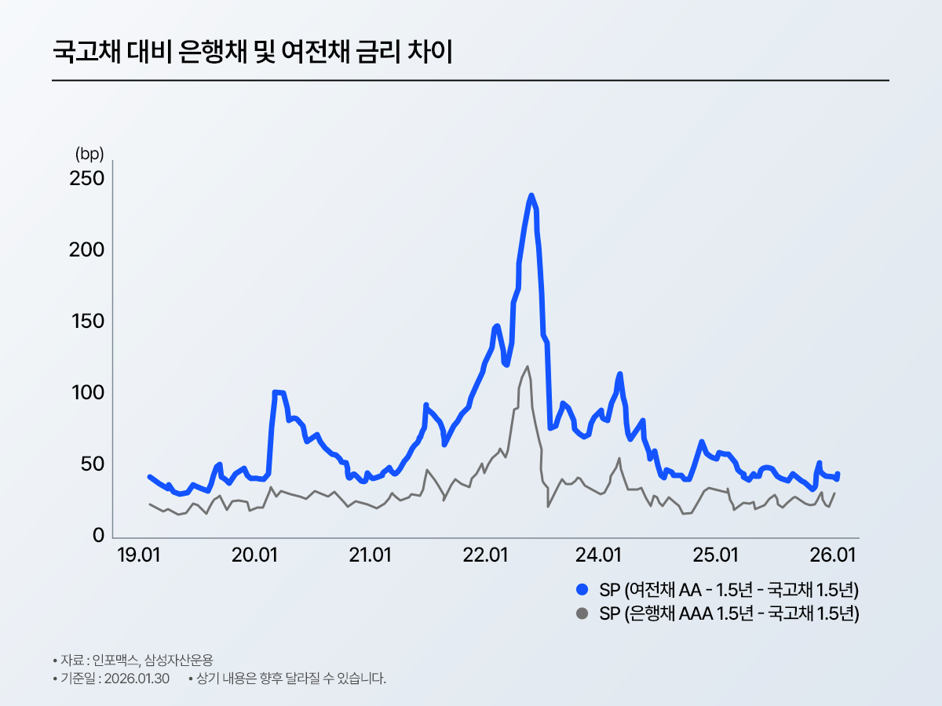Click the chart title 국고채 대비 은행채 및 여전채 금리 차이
point(252,53)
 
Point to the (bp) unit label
point(89,153)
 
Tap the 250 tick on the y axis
point(88,179)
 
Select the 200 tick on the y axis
point(88,250)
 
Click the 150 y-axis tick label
point(88,322)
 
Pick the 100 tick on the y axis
point(88,393)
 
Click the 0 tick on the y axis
point(99,536)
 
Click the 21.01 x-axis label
point(371,556)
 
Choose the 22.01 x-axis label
point(485,556)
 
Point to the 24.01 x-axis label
point(600,556)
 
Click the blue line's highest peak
point(531,195)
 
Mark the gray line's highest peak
point(527,366)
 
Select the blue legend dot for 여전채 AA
point(582,589)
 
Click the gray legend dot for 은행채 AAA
point(582,613)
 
